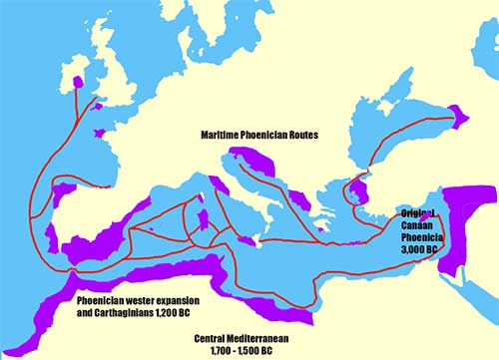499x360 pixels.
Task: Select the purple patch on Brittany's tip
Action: click(x=98, y=133)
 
